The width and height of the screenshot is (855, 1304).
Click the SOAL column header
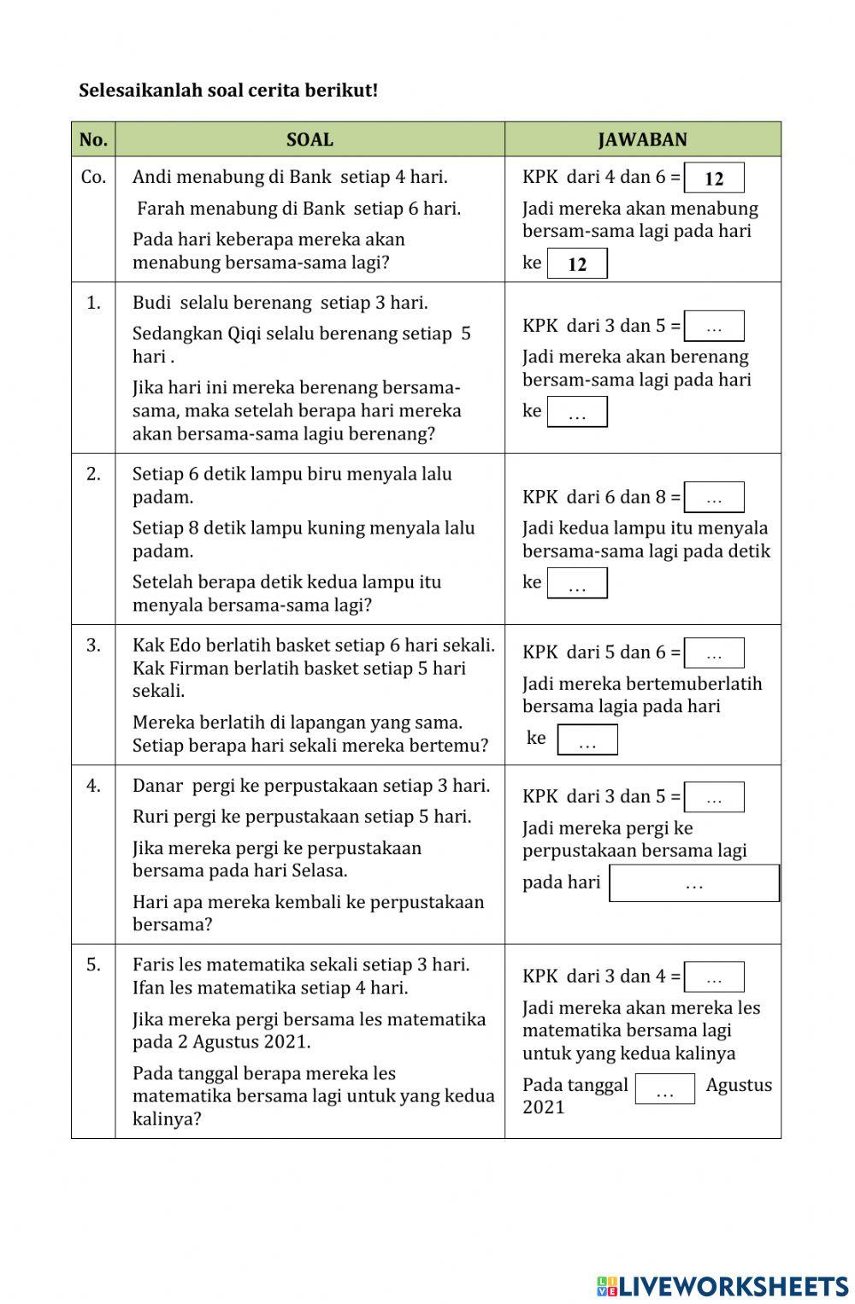pyautogui.click(x=310, y=139)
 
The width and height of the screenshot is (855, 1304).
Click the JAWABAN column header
pyautogui.click(x=642, y=139)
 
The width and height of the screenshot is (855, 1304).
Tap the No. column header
pyautogui.click(x=93, y=139)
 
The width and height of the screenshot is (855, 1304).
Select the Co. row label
pyautogui.click(x=93, y=177)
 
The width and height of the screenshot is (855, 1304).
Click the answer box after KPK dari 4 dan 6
pyautogui.click(x=714, y=178)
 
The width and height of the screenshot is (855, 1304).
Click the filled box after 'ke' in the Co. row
pyautogui.click(x=577, y=263)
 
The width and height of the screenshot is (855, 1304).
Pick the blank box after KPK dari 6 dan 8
pyautogui.click(x=714, y=498)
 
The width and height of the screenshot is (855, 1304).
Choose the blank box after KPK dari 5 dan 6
pyautogui.click(x=714, y=653)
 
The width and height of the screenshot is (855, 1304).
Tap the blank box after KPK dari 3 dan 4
pyautogui.click(x=714, y=977)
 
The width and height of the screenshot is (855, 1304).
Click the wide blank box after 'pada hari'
pyautogui.click(x=693, y=883)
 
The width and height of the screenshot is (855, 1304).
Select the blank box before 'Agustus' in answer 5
pyautogui.click(x=664, y=1089)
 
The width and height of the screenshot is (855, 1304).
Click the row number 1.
pyautogui.click(x=93, y=302)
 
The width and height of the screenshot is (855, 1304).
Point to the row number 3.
pyautogui.click(x=93, y=645)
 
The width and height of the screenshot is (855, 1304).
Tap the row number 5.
pyautogui.click(x=93, y=965)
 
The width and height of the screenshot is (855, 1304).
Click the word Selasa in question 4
pyautogui.click(x=318, y=870)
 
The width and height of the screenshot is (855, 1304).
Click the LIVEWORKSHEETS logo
pyautogui.click(x=722, y=1286)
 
